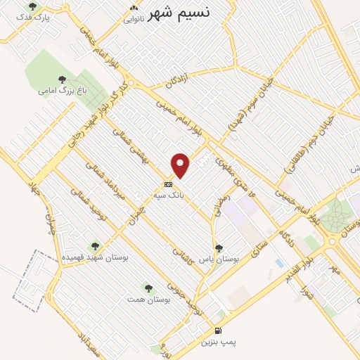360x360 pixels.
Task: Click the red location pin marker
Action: click(x=181, y=165)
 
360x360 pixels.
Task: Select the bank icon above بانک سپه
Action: click(x=167, y=185)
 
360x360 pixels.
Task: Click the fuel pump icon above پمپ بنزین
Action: click(x=217, y=330)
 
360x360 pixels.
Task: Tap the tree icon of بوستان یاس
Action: click(x=219, y=248)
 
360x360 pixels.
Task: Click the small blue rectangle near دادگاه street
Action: click(x=280, y=263)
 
